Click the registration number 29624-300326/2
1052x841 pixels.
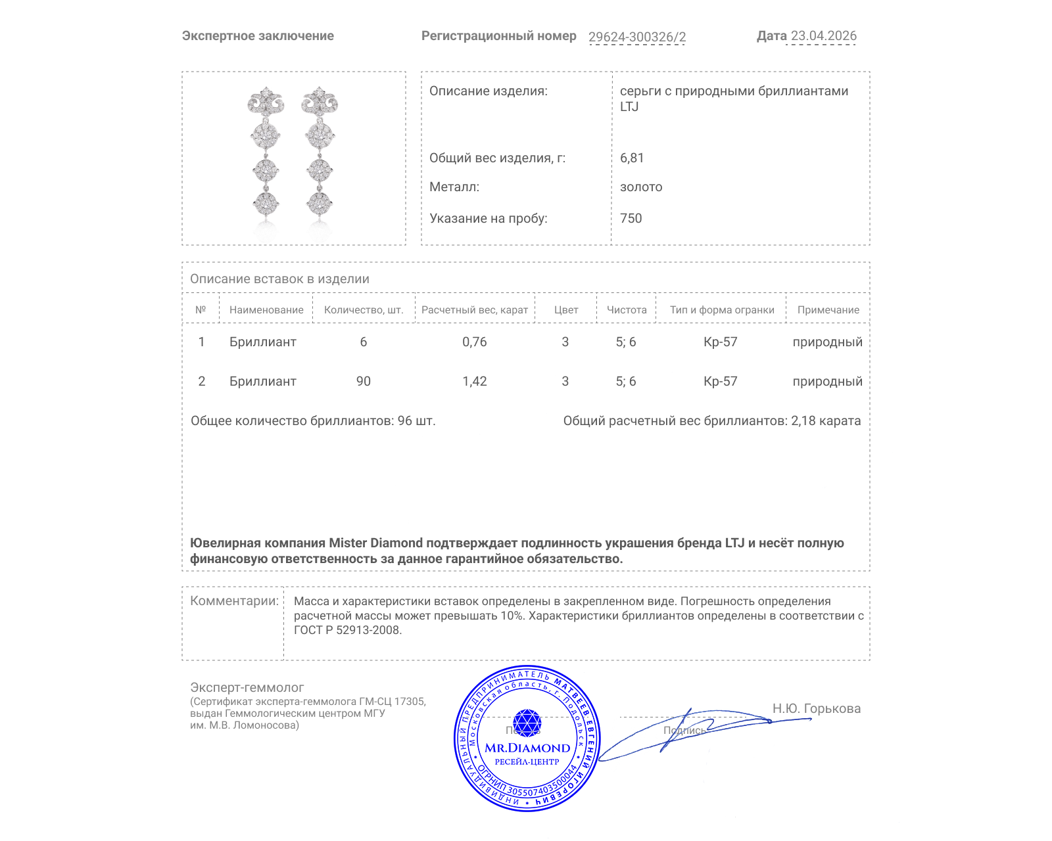[636, 37]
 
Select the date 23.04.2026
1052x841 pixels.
[823, 35]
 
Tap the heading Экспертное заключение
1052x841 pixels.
[258, 36]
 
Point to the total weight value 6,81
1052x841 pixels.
[632, 158]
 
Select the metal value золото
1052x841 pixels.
[641, 187]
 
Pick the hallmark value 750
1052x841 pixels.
[631, 218]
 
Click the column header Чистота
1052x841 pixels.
[627, 309]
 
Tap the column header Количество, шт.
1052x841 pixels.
[364, 309]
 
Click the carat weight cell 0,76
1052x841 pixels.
[474, 342]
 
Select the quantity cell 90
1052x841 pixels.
[364, 381]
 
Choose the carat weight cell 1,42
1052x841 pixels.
[474, 381]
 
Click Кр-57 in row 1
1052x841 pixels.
[720, 342]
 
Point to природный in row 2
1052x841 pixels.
[827, 381]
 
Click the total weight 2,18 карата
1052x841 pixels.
[825, 420]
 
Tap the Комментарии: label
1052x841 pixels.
[234, 601]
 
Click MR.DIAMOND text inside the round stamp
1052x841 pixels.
[527, 748]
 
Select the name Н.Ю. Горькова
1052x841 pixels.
[816, 708]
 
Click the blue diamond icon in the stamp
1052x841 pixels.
[527, 722]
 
